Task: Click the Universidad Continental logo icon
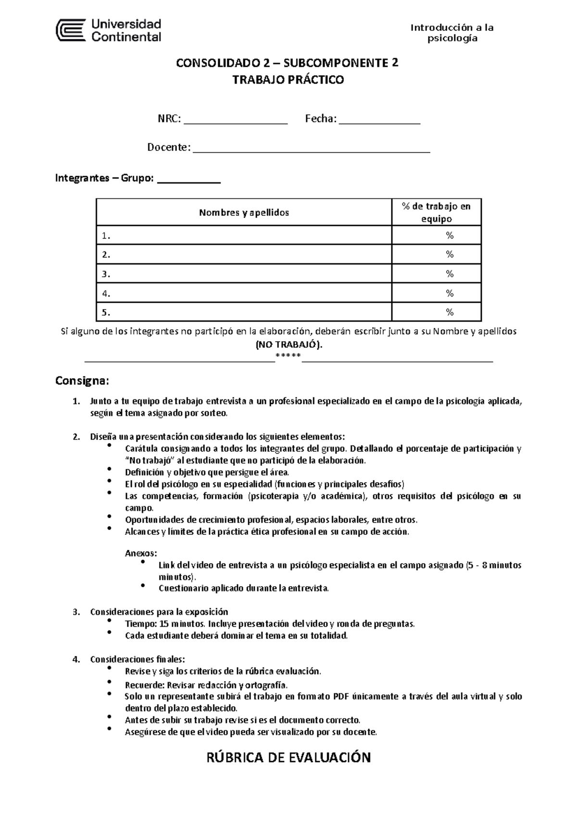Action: click(71, 31)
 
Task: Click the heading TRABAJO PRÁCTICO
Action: click(288, 80)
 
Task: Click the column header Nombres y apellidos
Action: click(244, 212)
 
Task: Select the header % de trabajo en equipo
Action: click(436, 212)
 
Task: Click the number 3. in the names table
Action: click(106, 274)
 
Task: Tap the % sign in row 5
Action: click(450, 312)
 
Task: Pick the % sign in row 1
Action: click(450, 235)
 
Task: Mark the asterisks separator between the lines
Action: click(288, 356)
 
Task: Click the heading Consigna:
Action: click(82, 381)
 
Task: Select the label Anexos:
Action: click(141, 553)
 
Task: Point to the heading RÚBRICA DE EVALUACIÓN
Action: click(288, 758)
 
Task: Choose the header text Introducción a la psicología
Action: click(452, 33)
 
